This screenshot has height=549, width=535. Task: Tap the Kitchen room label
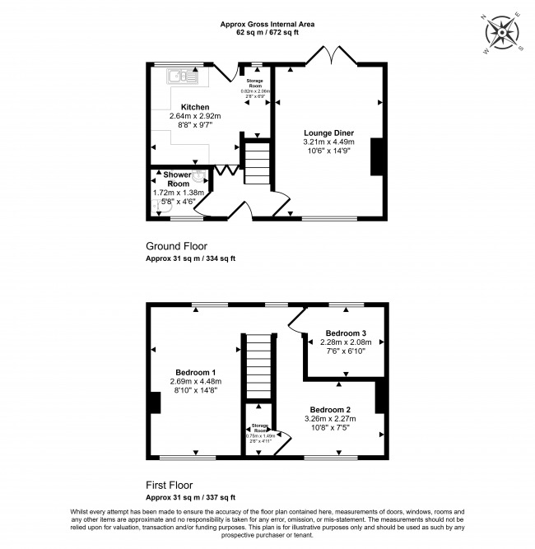pos(195,107)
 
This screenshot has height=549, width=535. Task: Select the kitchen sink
pos(179,77)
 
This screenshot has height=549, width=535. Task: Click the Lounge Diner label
pos(328,132)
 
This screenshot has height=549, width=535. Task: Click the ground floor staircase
pos(257,164)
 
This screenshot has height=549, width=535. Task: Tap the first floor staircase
pos(258,366)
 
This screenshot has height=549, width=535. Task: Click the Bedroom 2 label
pos(330,409)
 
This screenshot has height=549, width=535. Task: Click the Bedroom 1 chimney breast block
pos(155,403)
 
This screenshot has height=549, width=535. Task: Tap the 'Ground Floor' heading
pos(176,246)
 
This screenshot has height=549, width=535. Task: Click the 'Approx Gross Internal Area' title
pos(267,25)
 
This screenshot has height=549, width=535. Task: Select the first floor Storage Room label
pos(259,429)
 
